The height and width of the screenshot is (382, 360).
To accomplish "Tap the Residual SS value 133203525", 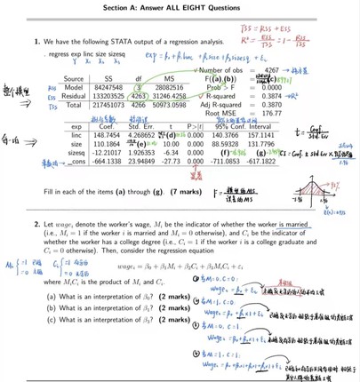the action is [100, 95].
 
